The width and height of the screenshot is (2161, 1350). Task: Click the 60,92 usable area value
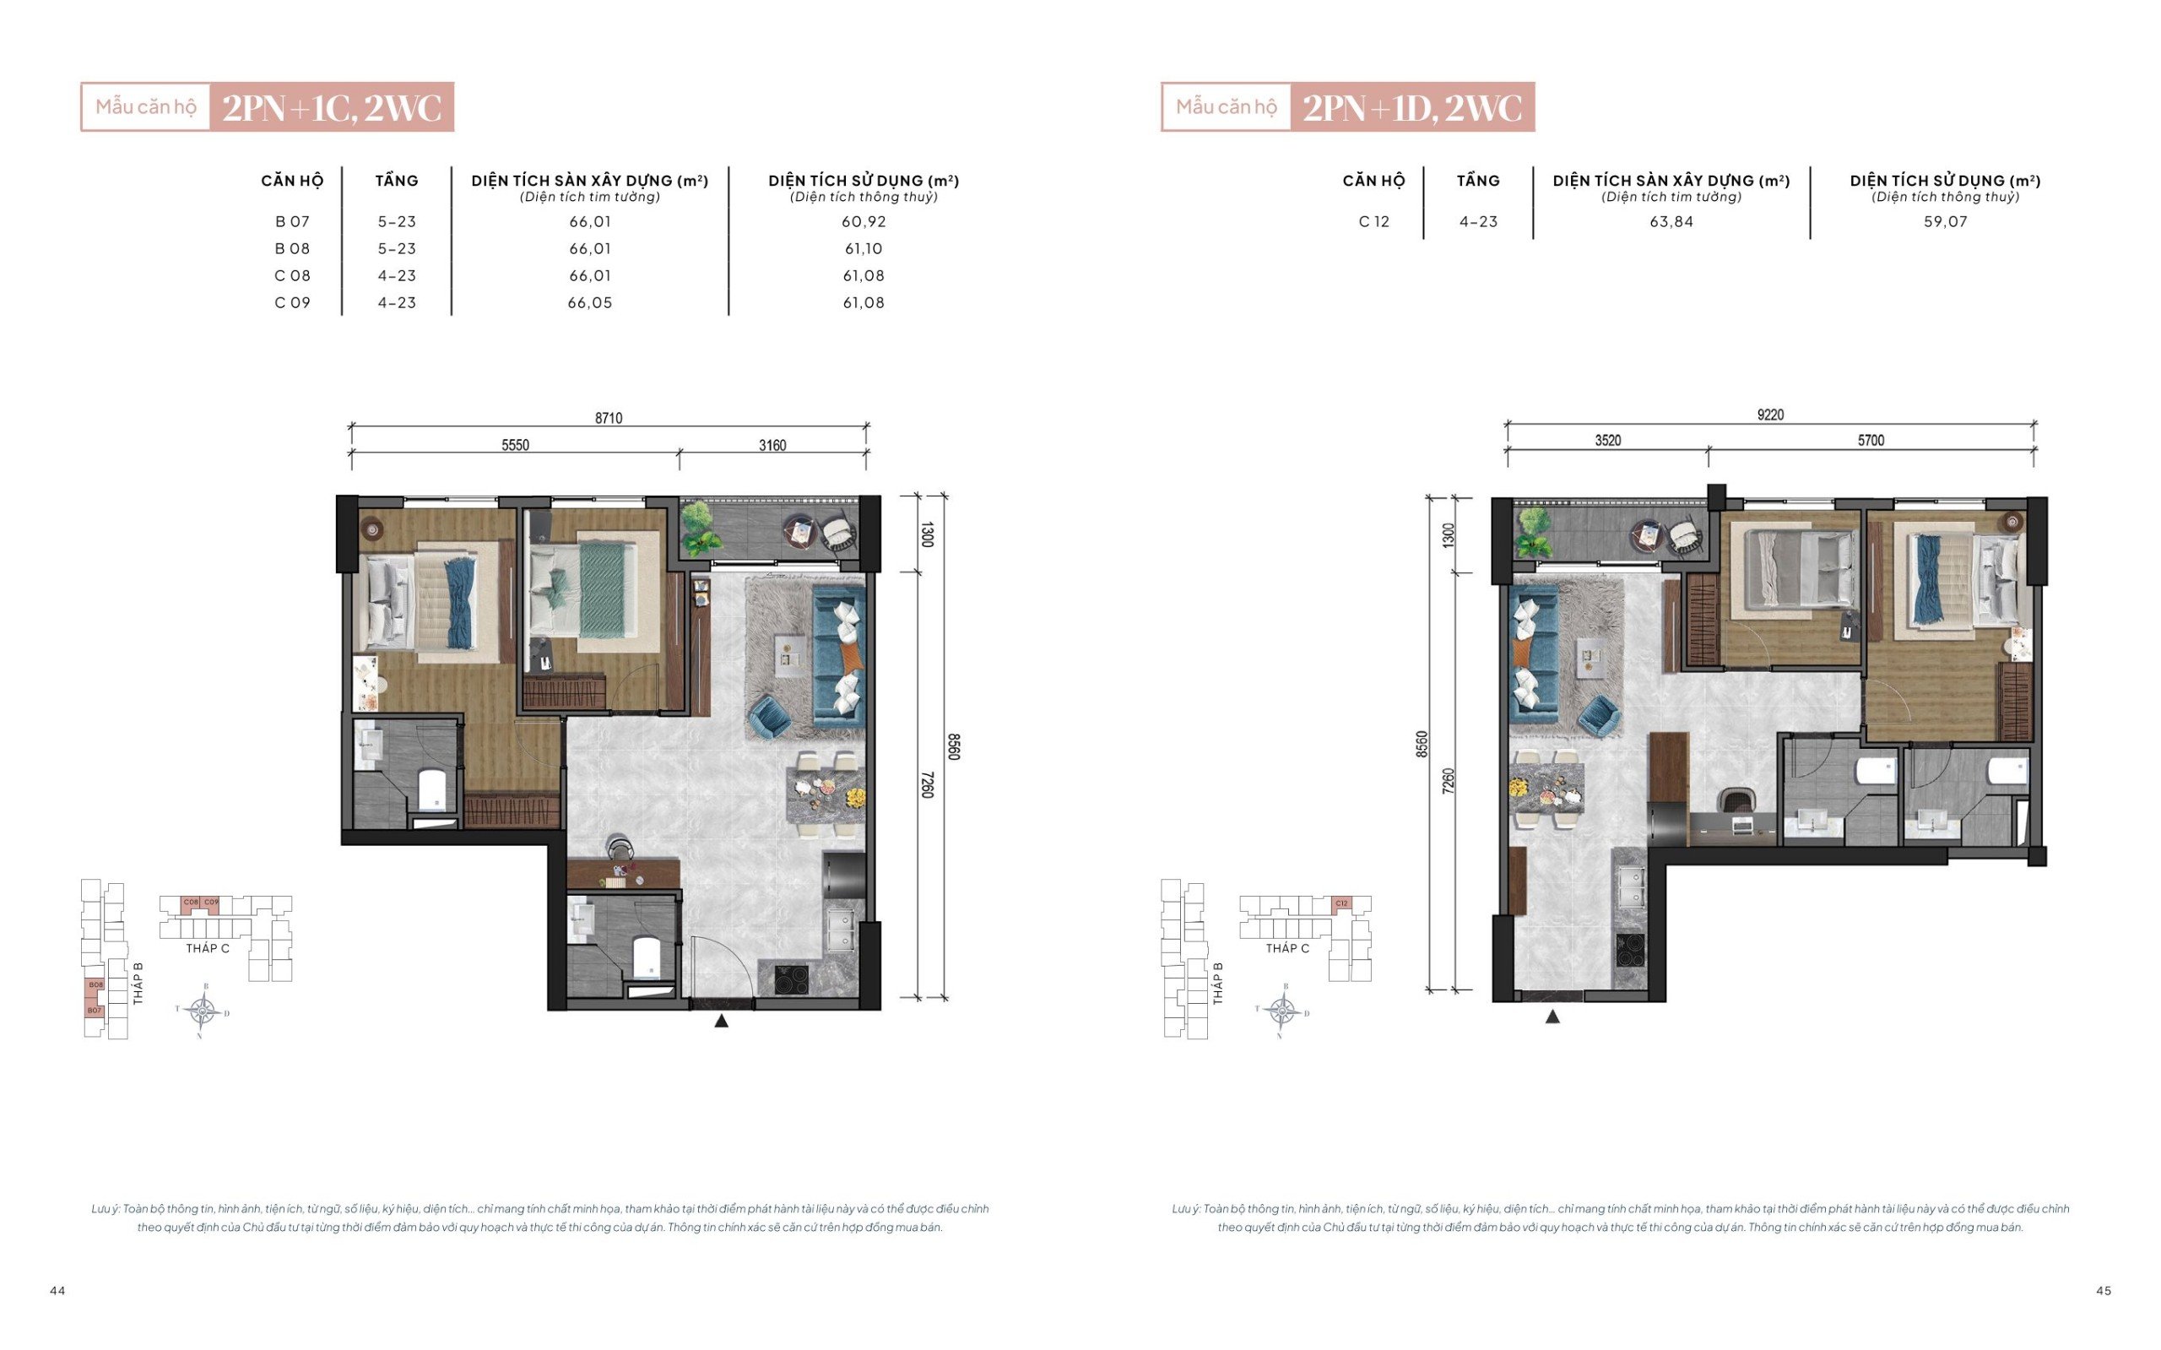click(x=864, y=221)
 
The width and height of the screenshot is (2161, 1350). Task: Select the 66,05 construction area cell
click(x=590, y=303)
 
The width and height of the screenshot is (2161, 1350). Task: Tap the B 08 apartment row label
click(x=292, y=248)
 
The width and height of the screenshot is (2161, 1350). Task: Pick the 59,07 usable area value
click(x=1945, y=221)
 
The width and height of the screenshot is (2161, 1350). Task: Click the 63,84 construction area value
click(x=1671, y=221)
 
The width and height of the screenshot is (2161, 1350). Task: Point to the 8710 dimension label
click(x=609, y=418)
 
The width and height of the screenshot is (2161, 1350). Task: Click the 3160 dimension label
click(x=772, y=446)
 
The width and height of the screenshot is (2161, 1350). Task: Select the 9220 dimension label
click(x=1770, y=415)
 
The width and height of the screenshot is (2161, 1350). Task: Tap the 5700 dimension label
click(x=1871, y=440)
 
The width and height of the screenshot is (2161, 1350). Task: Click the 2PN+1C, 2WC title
click(x=332, y=108)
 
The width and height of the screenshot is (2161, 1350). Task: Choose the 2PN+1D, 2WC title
click(x=1412, y=108)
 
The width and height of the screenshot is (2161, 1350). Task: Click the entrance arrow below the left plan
click(x=721, y=1021)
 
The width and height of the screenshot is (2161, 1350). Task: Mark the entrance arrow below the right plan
click(x=1552, y=1016)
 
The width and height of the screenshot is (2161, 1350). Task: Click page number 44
click(x=57, y=1290)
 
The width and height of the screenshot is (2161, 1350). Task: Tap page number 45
click(x=2104, y=1290)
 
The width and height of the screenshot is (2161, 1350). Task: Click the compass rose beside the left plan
click(x=203, y=1011)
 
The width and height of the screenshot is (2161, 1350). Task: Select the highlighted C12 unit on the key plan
click(x=1340, y=903)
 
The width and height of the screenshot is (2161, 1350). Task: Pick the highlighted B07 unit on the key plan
click(x=95, y=1010)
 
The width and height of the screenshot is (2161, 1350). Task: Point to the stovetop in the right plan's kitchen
click(x=1631, y=950)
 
